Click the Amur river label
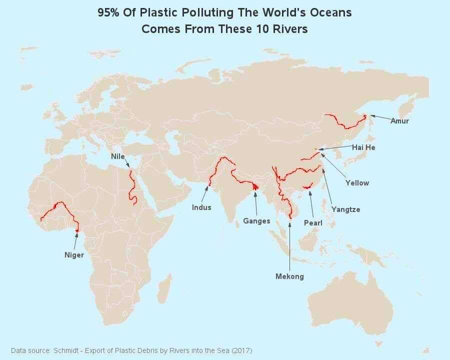click(x=399, y=121)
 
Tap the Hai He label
click(x=363, y=147)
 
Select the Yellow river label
click(x=357, y=183)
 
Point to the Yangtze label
click(x=345, y=209)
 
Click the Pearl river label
click(x=313, y=222)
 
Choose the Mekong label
click(x=289, y=276)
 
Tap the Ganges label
click(x=256, y=220)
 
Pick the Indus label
click(x=201, y=207)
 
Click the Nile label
click(x=118, y=156)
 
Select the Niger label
click(x=74, y=255)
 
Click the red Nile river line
click(x=132, y=187)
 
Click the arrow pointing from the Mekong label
click(x=289, y=245)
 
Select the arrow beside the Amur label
click(x=380, y=118)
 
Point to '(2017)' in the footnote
click(x=242, y=350)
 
